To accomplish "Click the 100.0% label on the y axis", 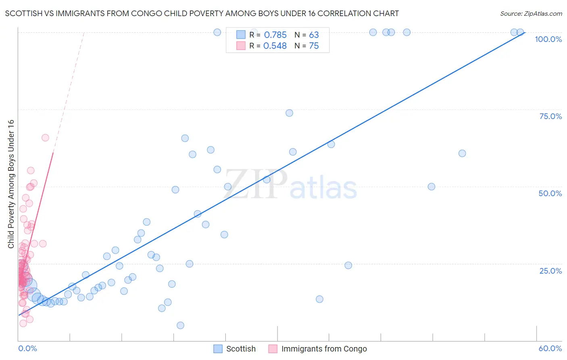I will pyautogui.click(x=548, y=39).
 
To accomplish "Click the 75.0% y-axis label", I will pyautogui.click(x=550, y=116).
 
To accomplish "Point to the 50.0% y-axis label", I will pyautogui.click(x=550, y=193).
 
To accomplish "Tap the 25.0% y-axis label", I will pyautogui.click(x=550, y=271).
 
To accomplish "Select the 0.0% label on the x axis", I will pyautogui.click(x=27, y=348).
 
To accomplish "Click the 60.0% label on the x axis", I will pyautogui.click(x=550, y=348).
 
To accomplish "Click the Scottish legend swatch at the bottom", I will pyautogui.click(x=218, y=349).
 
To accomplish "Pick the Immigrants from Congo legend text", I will pyautogui.click(x=324, y=349).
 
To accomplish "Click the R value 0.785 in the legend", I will pyautogui.click(x=275, y=35).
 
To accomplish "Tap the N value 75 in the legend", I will pyautogui.click(x=314, y=46).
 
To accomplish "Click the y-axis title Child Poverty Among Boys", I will pyautogui.click(x=11, y=184).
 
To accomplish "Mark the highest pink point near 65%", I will pyautogui.click(x=45, y=138).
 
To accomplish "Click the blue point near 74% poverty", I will pyautogui.click(x=289, y=113).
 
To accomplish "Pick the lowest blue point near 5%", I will pyautogui.click(x=180, y=325).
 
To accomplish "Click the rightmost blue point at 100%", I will pyautogui.click(x=520, y=32).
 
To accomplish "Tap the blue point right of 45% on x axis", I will pyautogui.click(x=462, y=153).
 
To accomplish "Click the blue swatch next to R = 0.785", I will pyautogui.click(x=241, y=35).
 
